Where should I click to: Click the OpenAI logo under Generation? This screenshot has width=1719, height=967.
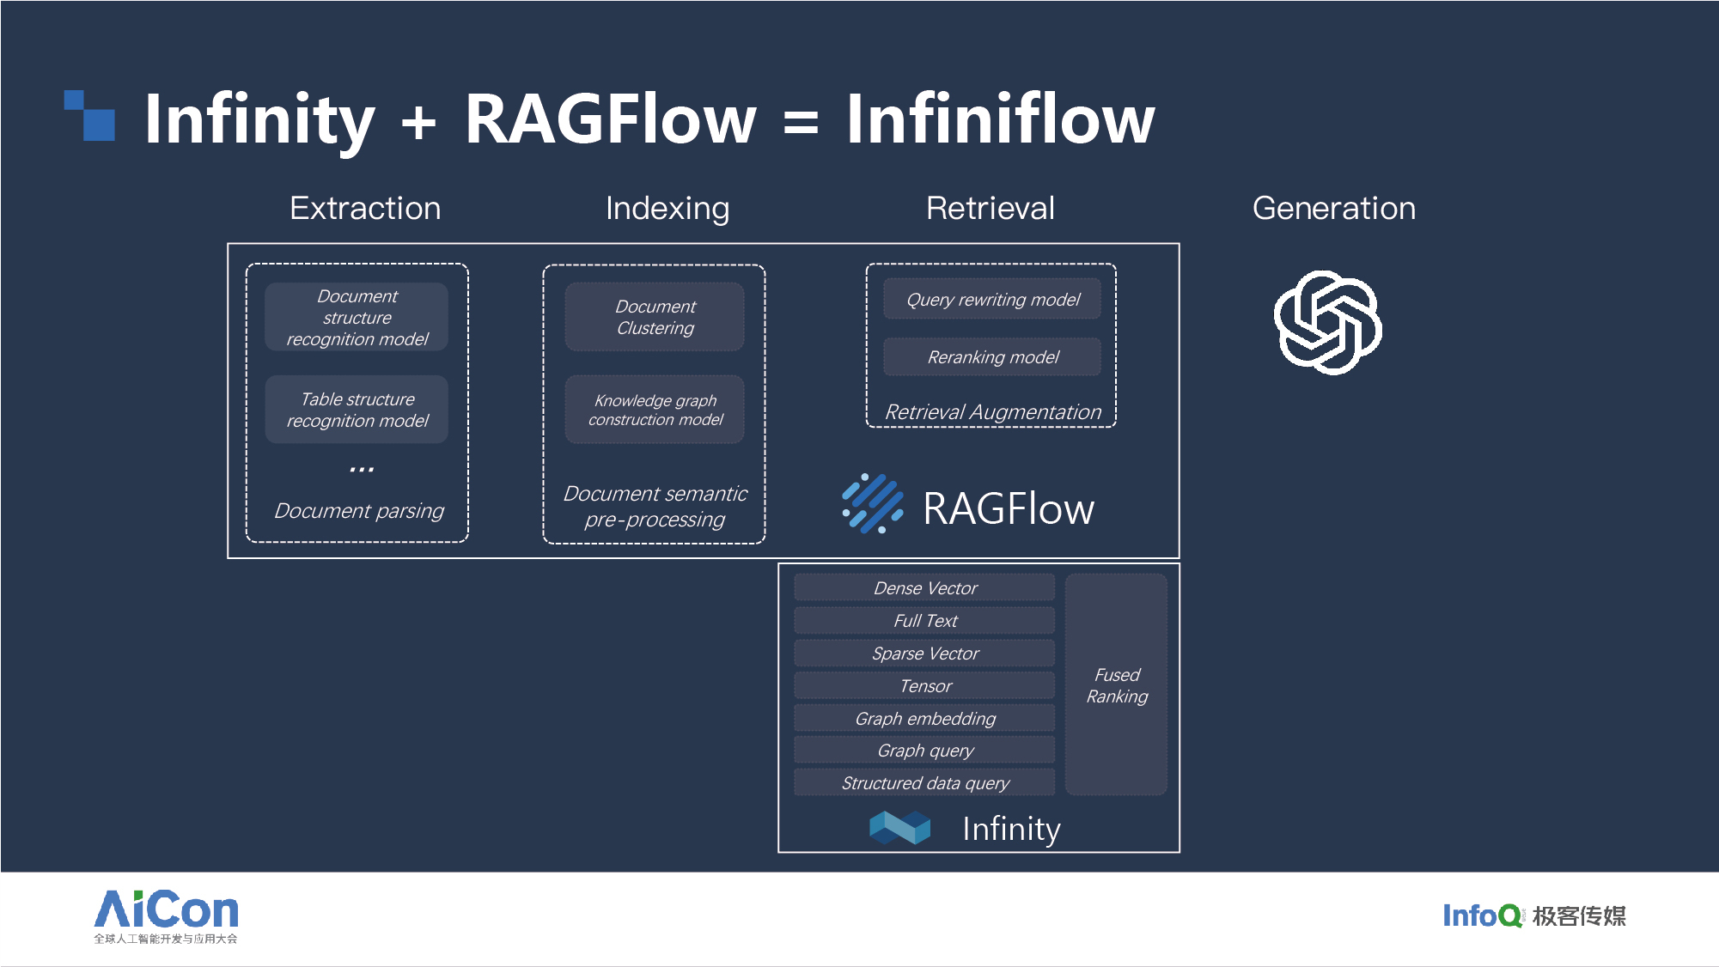coord(1327,322)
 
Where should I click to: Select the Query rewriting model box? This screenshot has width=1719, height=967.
coord(992,299)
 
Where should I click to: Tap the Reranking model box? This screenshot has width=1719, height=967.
coord(992,356)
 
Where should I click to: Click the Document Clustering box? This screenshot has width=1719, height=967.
coord(655,317)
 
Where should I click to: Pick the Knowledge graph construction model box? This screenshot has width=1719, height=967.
coord(655,410)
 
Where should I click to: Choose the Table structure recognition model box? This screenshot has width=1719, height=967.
coord(357,410)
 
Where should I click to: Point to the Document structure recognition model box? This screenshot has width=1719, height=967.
coord(357,317)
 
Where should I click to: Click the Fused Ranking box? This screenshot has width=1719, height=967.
coord(1116,684)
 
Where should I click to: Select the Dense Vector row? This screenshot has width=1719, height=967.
coord(924,587)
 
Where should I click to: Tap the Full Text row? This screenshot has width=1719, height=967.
coord(924,620)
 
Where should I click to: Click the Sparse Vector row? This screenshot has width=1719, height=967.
coord(924,653)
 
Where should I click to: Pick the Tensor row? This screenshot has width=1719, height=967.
coord(924,685)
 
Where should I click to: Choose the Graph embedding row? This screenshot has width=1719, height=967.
coord(924,718)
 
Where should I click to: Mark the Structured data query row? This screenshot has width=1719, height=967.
coord(924,782)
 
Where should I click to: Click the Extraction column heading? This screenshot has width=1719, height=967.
coord(365,209)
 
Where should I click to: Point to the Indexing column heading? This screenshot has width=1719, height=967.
coord(667,209)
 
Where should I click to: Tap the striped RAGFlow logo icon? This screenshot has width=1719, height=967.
coord(873,503)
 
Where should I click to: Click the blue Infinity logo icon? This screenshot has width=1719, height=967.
coord(899,828)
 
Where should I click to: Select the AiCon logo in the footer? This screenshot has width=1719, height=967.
coord(166,916)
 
